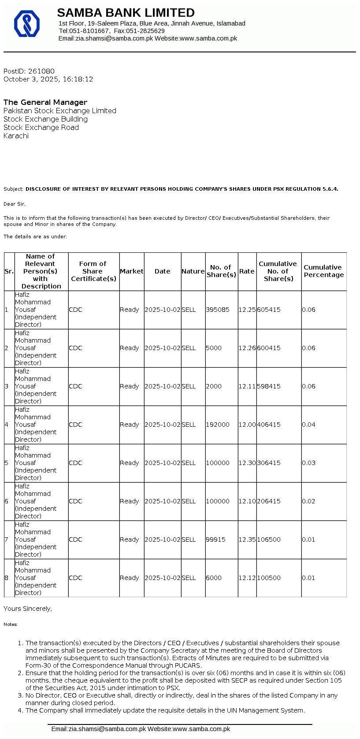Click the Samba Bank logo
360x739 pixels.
[x=27, y=23]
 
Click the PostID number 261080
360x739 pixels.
[x=41, y=71]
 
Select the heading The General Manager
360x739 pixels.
[x=45, y=102]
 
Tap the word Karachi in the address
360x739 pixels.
[x=16, y=136]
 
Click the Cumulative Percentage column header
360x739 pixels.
[x=323, y=271]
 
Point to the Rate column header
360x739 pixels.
[x=247, y=271]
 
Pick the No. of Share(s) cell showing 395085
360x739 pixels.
[x=218, y=310]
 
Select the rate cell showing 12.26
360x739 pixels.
[x=247, y=348]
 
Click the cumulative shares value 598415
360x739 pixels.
[x=269, y=387]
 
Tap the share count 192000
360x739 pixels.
[x=218, y=425]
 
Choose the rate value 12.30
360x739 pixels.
[x=247, y=463]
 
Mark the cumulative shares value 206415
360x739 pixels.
[x=269, y=502]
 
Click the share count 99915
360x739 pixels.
[x=215, y=540]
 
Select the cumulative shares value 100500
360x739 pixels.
[x=269, y=578]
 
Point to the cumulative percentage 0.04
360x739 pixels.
[x=308, y=425]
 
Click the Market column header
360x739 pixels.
[x=131, y=271]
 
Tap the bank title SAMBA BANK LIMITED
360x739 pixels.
[x=126, y=13]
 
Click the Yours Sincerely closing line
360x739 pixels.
[x=28, y=609]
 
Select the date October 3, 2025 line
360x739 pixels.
[x=48, y=80]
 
